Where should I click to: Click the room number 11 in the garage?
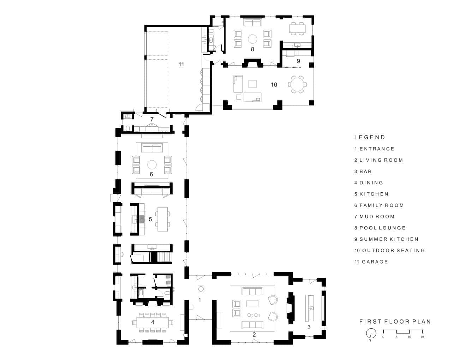(181, 64)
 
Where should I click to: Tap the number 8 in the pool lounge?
(252, 49)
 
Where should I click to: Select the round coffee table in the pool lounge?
(252, 39)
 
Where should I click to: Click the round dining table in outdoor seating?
(297, 84)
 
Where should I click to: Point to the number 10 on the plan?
(274, 85)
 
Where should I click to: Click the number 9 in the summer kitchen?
(298, 61)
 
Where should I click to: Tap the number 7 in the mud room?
(152, 119)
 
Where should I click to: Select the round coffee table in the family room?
(152, 165)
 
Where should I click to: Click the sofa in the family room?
(152, 148)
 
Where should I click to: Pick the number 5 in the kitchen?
(150, 219)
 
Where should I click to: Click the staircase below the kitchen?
(165, 257)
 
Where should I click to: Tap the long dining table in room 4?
(153, 322)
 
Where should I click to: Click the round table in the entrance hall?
(201, 289)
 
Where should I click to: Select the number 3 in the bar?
(309, 327)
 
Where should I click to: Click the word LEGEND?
(370, 137)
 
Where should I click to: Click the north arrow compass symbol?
(371, 334)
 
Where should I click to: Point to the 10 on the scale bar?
(409, 337)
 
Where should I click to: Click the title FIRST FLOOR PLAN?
(395, 322)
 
